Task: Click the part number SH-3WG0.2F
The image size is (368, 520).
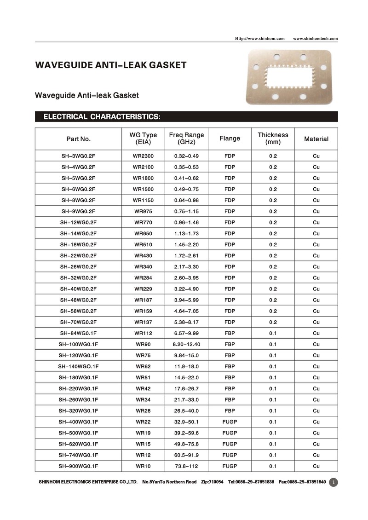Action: [78, 156]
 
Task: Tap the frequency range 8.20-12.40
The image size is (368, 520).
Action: [186, 344]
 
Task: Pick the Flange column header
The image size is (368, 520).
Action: [230, 139]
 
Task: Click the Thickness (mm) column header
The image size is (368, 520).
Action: [273, 139]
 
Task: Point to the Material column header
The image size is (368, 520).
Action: [316, 139]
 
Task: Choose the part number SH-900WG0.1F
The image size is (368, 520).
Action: [78, 466]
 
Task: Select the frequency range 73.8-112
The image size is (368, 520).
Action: [186, 466]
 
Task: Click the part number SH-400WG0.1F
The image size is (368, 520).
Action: [78, 422]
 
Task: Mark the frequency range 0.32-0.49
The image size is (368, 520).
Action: [186, 156]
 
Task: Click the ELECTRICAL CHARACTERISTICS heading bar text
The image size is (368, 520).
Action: [102, 117]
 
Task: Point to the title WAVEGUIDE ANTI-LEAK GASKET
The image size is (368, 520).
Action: [111, 65]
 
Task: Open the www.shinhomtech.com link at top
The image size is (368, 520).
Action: [315, 38]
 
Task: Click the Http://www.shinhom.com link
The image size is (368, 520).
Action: [260, 38]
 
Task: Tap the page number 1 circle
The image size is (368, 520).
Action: [334, 482]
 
